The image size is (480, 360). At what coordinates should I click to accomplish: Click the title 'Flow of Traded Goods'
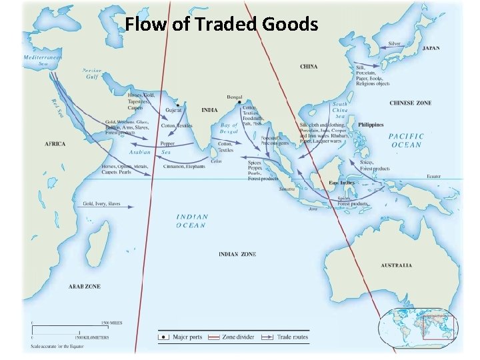pos(222,25)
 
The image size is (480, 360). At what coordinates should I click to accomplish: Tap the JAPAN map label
pos(431,49)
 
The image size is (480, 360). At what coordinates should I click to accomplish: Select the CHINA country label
pos(309,67)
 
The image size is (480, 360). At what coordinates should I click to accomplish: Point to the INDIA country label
pos(209,109)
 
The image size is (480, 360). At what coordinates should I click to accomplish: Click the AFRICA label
pos(55,144)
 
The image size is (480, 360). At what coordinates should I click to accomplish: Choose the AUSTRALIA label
pos(396,265)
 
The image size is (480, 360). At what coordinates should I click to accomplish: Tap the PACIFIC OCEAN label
pos(406,141)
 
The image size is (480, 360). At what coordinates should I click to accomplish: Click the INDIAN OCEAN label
pos(192,221)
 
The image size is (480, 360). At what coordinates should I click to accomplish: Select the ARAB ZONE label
pos(84,286)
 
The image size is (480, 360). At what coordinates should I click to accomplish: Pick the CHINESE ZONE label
pos(410,103)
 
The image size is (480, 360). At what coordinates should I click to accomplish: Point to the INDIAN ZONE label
pos(237,254)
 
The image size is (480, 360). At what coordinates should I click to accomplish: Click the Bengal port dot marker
pos(239,101)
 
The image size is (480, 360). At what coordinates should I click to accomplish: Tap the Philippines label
pos(371,125)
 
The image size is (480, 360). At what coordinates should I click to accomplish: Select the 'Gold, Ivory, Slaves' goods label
pos(101,203)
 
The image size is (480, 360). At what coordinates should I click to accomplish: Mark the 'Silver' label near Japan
pos(395,44)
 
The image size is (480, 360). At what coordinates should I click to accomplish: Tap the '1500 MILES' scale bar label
pos(110,323)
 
